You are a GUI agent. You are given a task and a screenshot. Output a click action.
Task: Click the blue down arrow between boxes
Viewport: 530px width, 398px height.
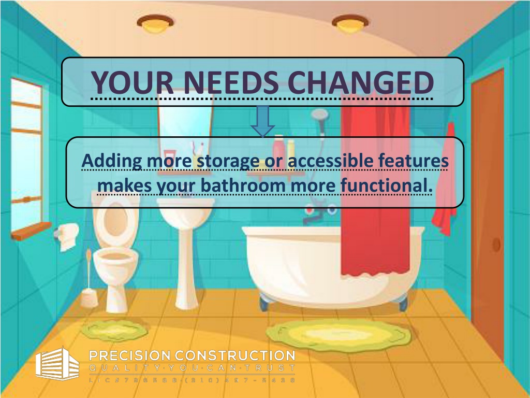coord(262,121)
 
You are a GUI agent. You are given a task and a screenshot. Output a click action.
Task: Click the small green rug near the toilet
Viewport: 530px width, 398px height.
coord(114,329)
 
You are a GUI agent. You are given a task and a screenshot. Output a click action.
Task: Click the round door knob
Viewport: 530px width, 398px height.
coord(496,244)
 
